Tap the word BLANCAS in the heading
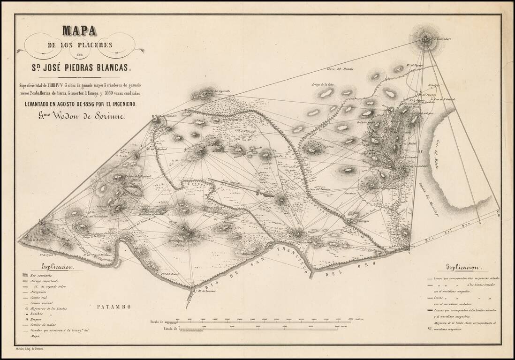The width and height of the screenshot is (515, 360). tap(111, 67)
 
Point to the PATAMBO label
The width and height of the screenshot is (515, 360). tap(113, 307)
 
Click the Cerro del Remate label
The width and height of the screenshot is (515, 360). tap(340, 69)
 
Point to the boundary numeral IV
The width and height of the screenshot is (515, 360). tap(421, 151)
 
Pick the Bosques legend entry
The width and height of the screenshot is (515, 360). tap(36, 319)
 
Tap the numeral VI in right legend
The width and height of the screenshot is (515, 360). tap(430, 329)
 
